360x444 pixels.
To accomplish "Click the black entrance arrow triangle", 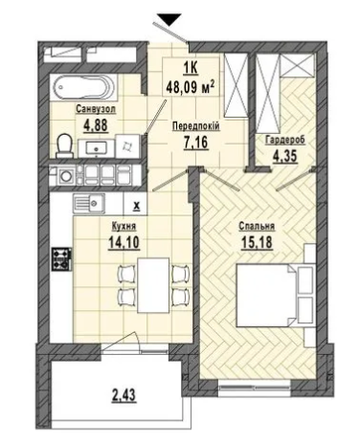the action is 169,19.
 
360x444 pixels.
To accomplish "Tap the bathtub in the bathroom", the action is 84,86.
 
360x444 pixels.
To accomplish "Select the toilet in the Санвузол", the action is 65,145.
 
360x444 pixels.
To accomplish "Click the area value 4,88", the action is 96,125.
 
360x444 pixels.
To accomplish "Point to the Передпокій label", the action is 195,126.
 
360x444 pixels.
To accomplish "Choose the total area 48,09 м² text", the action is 191,87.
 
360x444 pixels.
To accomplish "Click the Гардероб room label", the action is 285,140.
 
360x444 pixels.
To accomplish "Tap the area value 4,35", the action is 285,156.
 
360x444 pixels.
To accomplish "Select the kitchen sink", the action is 89,203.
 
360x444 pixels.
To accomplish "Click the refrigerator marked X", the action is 136,204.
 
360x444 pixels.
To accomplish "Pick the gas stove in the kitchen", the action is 61,258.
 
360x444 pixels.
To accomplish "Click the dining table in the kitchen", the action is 153,285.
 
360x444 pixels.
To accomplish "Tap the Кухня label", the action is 124,227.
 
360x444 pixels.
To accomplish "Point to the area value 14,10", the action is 124,242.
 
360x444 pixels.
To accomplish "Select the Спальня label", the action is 257,226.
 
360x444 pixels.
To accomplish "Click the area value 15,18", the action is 257,242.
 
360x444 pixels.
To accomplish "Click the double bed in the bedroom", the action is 275,296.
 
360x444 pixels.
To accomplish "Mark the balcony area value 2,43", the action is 124,395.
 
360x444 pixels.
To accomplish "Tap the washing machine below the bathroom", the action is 66,175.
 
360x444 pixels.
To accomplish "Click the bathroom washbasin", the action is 96,148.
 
